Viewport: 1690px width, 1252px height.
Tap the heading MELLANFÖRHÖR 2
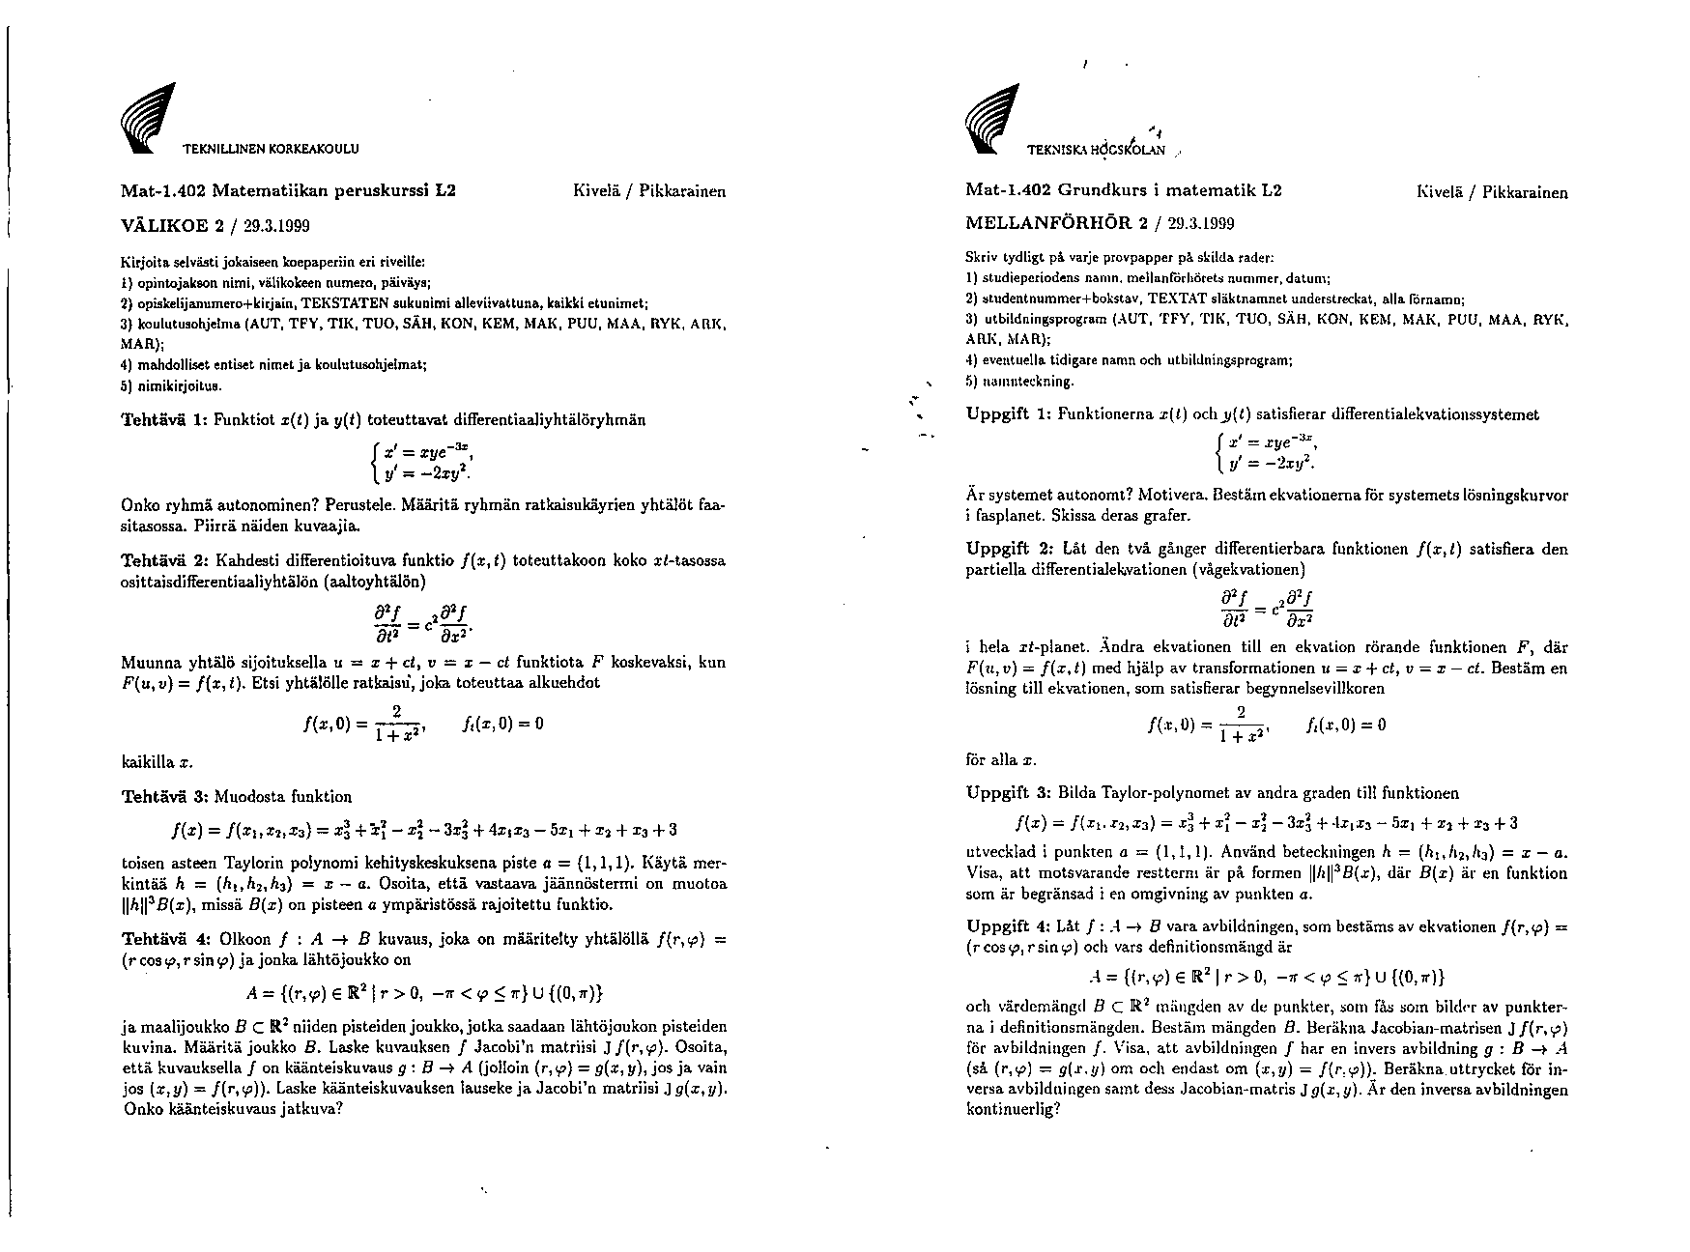coord(1046,224)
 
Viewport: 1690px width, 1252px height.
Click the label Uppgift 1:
coord(1009,414)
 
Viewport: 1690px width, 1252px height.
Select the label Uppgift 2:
coord(1009,550)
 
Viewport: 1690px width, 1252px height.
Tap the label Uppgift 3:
coord(1009,793)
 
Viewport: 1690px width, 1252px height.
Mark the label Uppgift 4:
coord(1009,926)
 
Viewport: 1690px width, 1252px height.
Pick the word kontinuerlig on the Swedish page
coord(1008,1108)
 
